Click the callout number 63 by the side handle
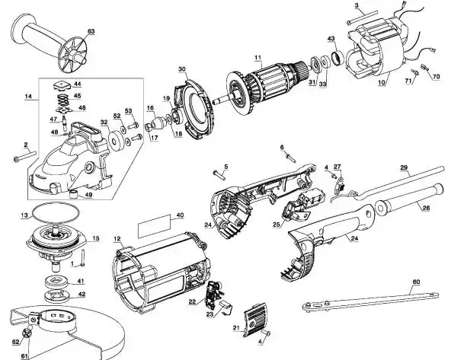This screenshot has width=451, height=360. click(91, 31)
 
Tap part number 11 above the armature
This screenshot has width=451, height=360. click(257, 57)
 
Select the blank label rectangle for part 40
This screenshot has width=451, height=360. click(152, 226)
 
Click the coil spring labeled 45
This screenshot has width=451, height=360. click(63, 100)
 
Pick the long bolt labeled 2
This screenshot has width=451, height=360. click(25, 156)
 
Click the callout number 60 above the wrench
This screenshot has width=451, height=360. click(416, 282)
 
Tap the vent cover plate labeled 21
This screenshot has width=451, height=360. click(255, 320)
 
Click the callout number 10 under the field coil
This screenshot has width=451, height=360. click(382, 82)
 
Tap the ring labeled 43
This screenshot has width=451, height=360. click(337, 58)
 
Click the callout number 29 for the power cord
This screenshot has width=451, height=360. click(404, 167)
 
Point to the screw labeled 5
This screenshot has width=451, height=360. click(219, 175)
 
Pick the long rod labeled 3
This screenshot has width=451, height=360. click(362, 18)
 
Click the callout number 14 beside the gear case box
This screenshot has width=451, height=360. click(28, 96)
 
